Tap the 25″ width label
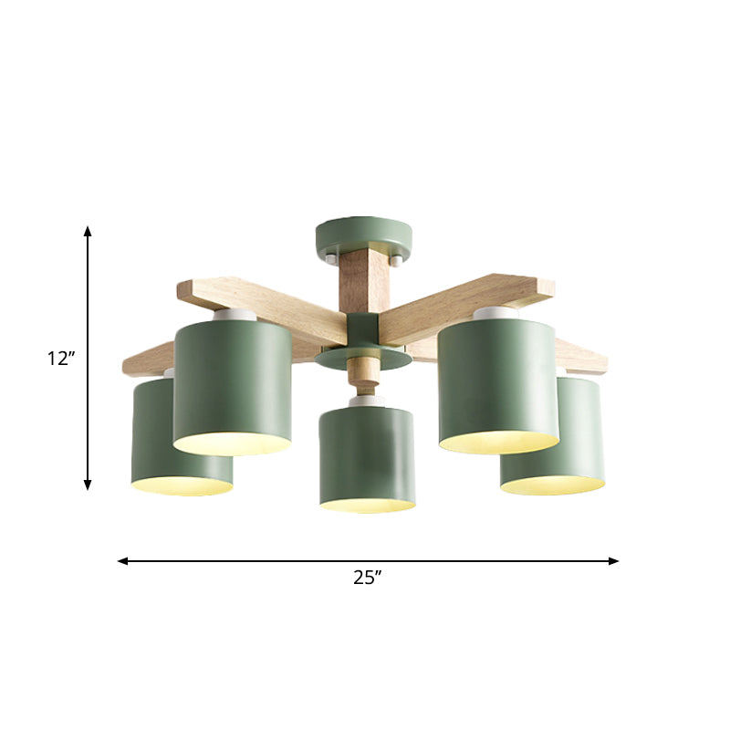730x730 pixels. pyautogui.click(x=367, y=577)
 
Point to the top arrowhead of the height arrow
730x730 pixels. pyautogui.click(x=88, y=232)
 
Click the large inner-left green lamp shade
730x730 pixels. pyautogui.click(x=232, y=383)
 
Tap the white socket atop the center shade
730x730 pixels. pyautogui.click(x=366, y=401)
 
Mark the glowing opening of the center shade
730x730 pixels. pyautogui.click(x=367, y=503)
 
